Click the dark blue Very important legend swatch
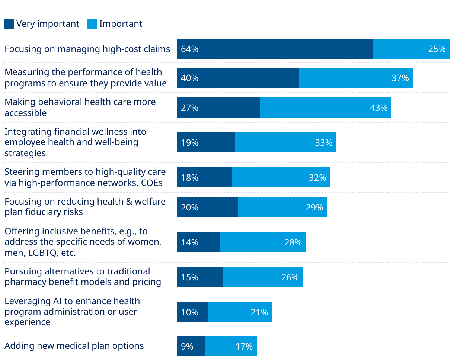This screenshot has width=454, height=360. click(9, 24)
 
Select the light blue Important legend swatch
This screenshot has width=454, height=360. click(92, 24)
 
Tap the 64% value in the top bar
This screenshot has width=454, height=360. click(189, 49)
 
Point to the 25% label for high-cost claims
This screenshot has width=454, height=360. click(437, 49)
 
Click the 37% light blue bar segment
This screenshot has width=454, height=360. click(356, 78)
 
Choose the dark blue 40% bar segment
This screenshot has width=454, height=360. click(238, 78)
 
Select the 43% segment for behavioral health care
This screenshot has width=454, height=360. click(325, 108)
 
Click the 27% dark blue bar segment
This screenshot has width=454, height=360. click(218, 108)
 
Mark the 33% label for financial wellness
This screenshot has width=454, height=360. click(323, 143)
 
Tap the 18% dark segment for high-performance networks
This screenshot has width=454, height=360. click(205, 178)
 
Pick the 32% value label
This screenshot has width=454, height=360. click(317, 178)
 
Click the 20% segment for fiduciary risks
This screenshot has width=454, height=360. click(208, 208)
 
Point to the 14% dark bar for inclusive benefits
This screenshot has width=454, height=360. click(199, 242)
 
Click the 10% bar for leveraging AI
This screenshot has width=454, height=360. click(192, 312)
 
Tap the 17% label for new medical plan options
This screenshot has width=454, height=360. click(244, 347)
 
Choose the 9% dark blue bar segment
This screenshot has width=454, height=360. click(191, 347)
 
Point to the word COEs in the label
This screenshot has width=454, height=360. click(152, 182)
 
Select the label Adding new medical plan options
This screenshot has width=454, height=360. click(74, 346)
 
